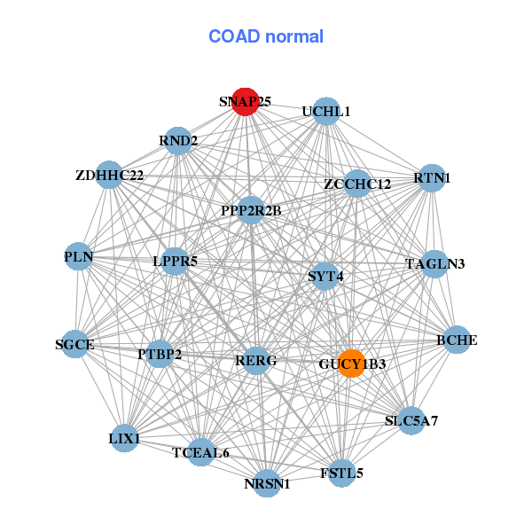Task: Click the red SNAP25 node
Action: point(245,101)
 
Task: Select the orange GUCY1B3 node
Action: point(351,363)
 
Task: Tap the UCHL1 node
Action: point(326,111)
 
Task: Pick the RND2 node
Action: point(178,140)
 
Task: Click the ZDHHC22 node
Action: point(110,175)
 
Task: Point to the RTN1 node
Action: point(432,178)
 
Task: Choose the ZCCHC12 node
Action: point(357,184)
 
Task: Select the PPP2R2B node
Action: point(252,210)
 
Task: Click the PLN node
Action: point(78,256)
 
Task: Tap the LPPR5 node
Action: point(175,261)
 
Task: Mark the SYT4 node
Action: point(325,276)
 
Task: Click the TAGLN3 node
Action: point(434,263)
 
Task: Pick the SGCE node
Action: point(74,344)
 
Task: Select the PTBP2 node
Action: point(160,354)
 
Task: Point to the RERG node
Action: point(255,360)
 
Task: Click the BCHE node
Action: point(457,340)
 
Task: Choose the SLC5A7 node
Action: point(411,420)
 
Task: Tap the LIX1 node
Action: point(125,438)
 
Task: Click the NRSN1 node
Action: point(267,483)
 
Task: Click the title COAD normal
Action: point(266,36)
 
